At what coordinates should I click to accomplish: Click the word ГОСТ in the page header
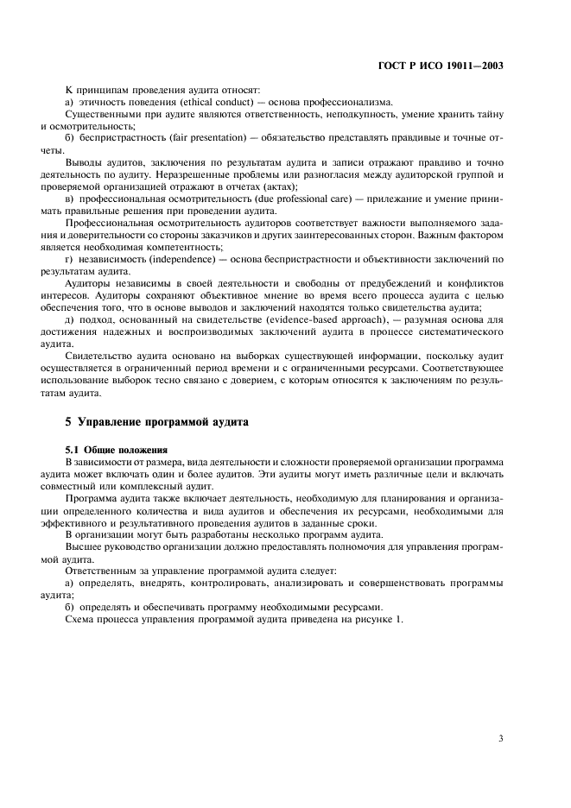tap(392, 65)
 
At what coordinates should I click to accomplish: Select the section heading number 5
tap(69, 423)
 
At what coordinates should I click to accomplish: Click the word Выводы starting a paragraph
tap(86, 162)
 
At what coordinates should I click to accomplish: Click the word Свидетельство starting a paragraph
tap(102, 356)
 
